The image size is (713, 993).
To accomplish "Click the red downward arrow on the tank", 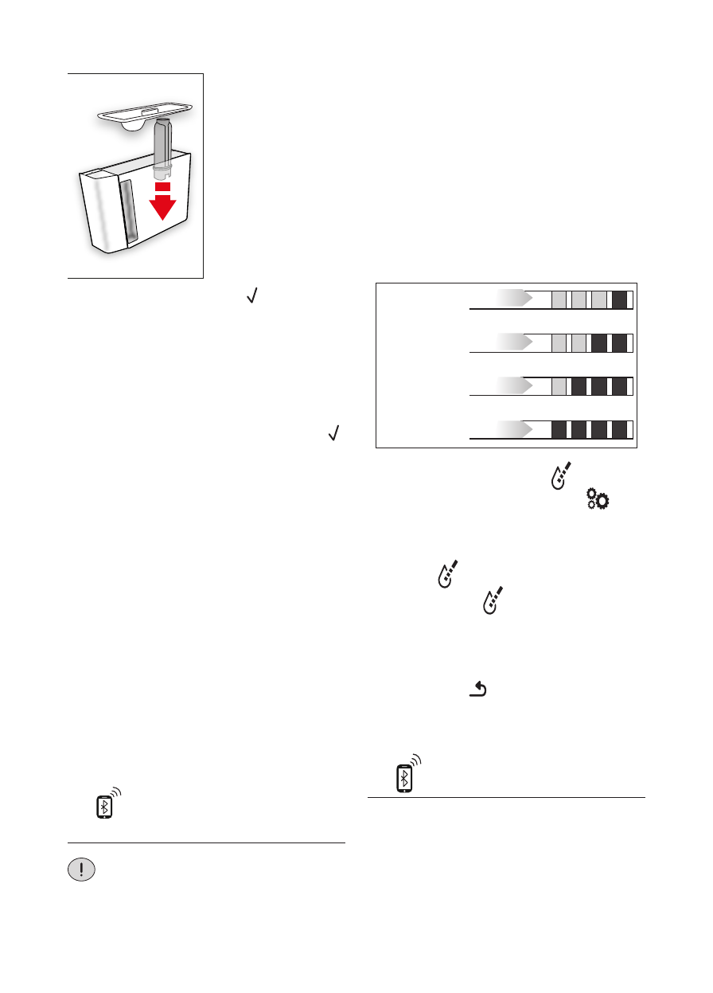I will tap(162, 205).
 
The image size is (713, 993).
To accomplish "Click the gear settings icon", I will tap(597, 499).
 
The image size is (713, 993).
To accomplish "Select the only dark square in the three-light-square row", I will tap(619, 299).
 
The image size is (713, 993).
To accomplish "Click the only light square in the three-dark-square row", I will tap(559, 386).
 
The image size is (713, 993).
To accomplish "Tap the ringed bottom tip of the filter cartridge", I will tap(162, 170).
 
